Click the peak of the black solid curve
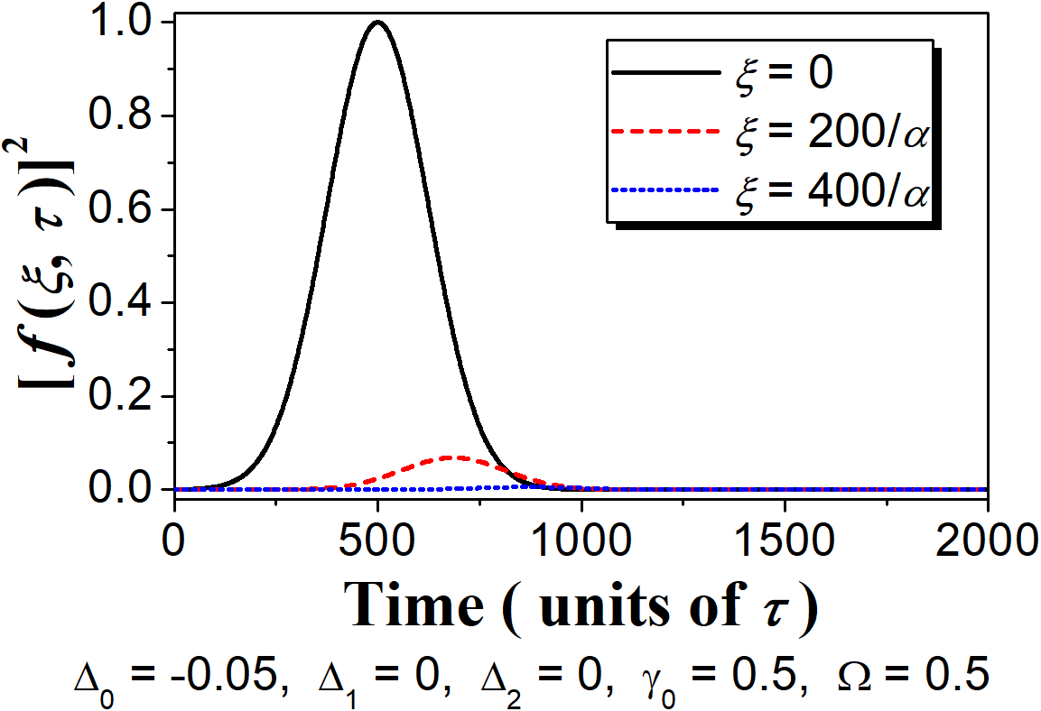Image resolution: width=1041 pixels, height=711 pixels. pos(377,22)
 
